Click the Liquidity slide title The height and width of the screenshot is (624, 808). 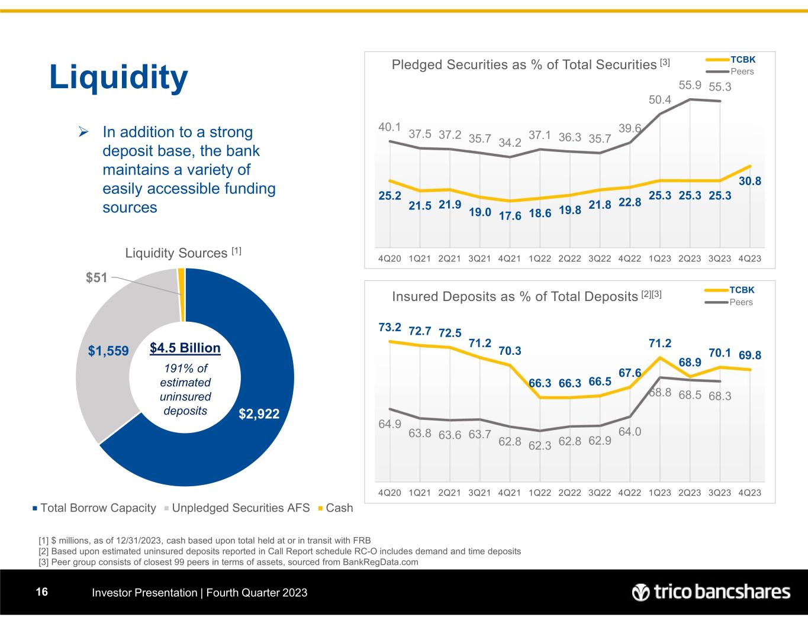118,77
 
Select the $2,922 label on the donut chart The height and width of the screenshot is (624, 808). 259,413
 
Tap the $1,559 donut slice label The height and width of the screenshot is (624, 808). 109,351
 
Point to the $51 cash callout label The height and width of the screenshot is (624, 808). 96,276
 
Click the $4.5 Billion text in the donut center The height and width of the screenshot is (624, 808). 185,348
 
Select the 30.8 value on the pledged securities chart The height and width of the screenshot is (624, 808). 750,182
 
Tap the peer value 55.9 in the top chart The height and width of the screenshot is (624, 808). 690,85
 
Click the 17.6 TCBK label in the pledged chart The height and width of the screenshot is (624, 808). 510,216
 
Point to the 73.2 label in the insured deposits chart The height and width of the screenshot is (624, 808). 390,327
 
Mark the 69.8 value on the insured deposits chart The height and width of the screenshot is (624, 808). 750,355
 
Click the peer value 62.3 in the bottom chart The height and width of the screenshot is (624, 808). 540,446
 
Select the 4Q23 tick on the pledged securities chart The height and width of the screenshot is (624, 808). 750,258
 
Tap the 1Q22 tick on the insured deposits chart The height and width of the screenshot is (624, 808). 540,493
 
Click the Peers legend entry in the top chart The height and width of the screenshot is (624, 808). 742,72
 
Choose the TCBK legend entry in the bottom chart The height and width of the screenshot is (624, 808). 742,290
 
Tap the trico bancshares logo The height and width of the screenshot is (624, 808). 711,592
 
